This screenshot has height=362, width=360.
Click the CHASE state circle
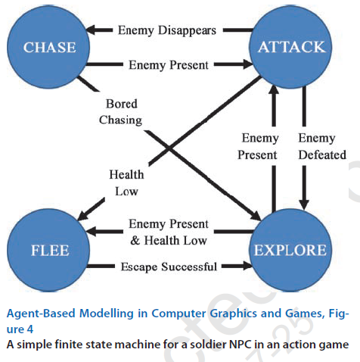(48, 47)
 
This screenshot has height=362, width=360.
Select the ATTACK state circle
(290, 47)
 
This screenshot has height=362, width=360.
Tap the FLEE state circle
(48, 251)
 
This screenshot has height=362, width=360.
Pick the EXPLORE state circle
(290, 251)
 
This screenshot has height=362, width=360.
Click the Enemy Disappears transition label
(167, 30)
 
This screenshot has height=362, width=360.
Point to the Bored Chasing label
(121, 111)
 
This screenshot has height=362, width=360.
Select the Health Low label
(126, 183)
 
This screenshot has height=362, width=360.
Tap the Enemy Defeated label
(322, 146)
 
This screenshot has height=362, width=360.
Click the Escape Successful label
(169, 267)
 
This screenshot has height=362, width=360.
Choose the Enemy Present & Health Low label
(169, 232)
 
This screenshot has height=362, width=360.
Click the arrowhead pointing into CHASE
(92, 30)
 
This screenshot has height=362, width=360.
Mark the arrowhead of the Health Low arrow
(82, 215)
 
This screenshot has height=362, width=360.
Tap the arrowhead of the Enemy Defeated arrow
(304, 204)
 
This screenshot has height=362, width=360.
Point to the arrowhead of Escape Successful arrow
(247, 266)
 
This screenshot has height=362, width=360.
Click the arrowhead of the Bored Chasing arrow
(256, 216)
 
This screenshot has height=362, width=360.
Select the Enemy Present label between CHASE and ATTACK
(169, 65)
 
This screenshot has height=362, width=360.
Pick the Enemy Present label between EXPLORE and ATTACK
(258, 146)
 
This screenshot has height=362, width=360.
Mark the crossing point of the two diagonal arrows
(169, 148)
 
